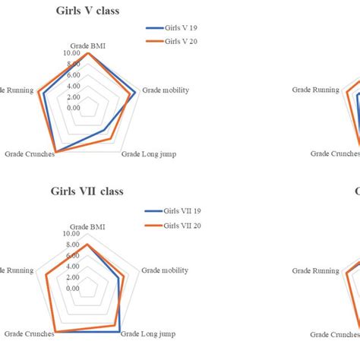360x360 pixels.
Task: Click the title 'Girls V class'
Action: tap(87, 11)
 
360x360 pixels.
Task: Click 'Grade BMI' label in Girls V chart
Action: tap(87, 46)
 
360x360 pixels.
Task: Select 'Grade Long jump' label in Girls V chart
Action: tap(149, 154)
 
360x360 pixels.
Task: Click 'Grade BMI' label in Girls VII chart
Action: tap(87, 226)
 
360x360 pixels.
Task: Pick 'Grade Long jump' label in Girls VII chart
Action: tap(149, 333)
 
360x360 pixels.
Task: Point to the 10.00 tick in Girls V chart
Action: tap(72, 54)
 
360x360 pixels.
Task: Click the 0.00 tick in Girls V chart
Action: tap(74, 107)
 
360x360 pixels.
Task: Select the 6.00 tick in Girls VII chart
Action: tap(74, 256)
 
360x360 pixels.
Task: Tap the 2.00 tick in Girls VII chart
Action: tap(74, 277)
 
